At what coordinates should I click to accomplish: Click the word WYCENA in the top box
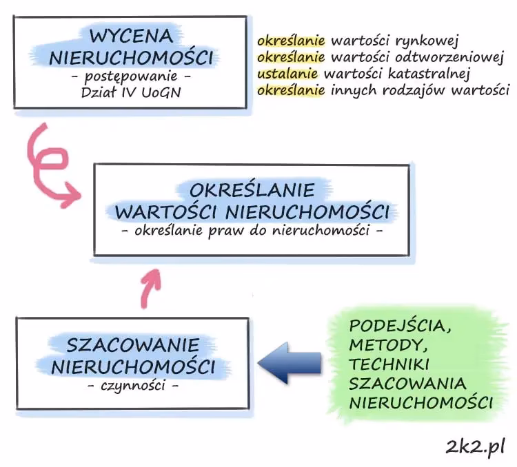point(129,34)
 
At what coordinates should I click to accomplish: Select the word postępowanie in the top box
point(130,74)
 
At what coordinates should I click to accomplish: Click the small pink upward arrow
point(151,287)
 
